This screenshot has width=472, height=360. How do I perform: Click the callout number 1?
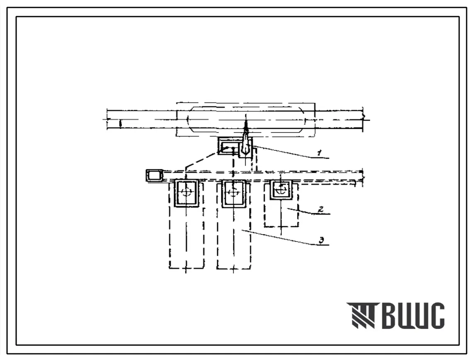(x=320, y=153)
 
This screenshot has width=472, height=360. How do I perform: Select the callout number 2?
(x=321, y=209)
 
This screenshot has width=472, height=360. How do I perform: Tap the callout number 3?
(x=322, y=241)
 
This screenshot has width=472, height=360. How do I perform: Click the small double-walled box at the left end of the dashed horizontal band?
(x=154, y=176)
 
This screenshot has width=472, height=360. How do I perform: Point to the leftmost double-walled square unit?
(x=186, y=193)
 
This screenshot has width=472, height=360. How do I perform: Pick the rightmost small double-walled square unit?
(x=281, y=190)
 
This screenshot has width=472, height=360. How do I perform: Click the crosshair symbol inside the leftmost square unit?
(x=186, y=192)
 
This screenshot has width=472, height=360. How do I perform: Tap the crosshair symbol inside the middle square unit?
(x=233, y=192)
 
